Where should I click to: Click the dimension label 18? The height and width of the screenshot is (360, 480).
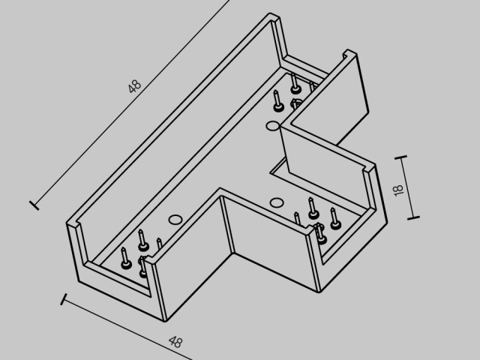(398, 190)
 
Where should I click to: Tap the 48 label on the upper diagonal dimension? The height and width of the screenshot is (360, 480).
(135, 86)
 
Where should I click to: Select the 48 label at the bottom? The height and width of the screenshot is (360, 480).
(175, 342)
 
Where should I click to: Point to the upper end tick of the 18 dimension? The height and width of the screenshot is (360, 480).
(400, 157)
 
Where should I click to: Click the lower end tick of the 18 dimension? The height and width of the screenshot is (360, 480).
(413, 218)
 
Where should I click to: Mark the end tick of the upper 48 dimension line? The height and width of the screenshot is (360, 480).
(34, 205)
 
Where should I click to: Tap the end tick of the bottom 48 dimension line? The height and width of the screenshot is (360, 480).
(64, 299)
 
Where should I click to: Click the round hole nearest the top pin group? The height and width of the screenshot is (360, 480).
(272, 126)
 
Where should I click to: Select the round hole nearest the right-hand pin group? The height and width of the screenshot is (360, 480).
(277, 202)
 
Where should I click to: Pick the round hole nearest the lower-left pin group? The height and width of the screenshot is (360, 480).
(175, 220)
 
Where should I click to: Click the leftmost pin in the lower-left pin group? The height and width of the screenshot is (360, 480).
(125, 259)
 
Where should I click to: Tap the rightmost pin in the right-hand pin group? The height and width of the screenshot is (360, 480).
(335, 218)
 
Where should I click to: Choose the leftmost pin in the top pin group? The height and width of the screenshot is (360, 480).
(277, 101)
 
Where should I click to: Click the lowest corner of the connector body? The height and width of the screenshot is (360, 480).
(165, 322)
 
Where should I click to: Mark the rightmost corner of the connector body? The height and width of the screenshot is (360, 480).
(387, 223)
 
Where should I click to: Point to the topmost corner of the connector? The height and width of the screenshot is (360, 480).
(270, 13)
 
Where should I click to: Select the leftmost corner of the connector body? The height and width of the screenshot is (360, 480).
(67, 224)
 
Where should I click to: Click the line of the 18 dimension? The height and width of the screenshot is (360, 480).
(407, 187)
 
